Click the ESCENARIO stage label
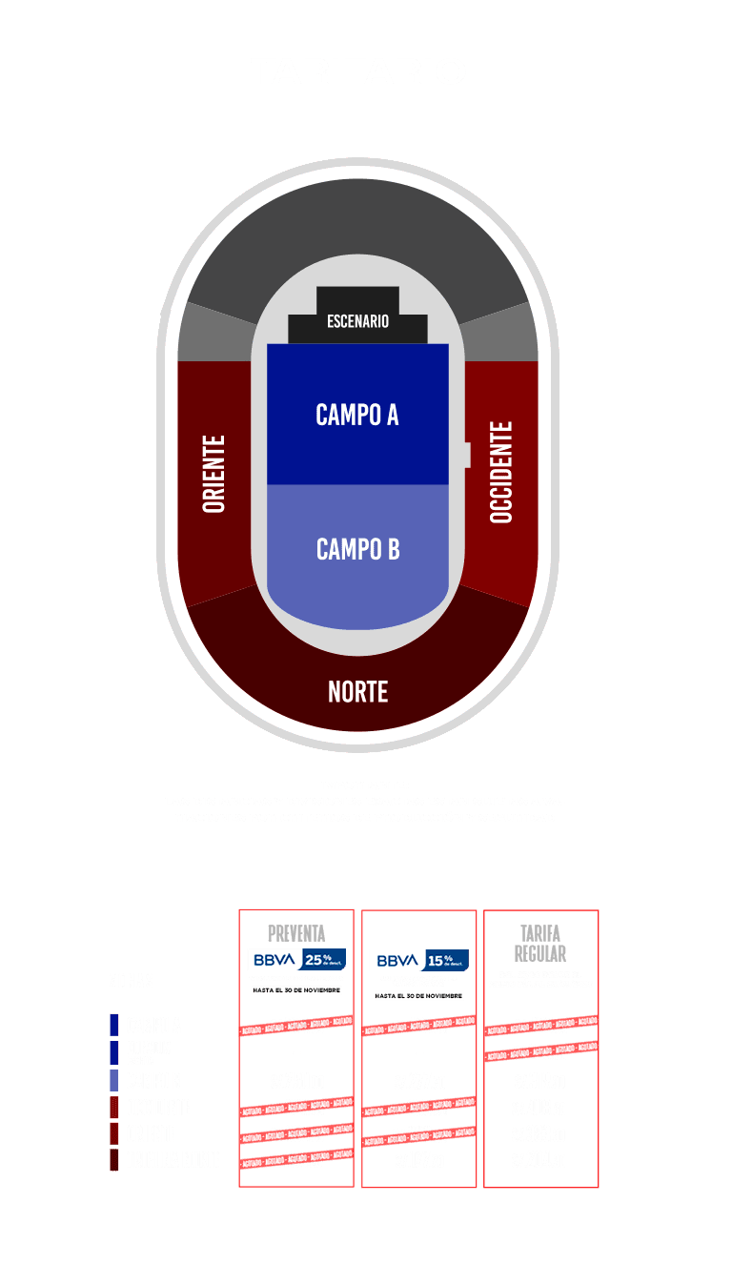click(357, 321)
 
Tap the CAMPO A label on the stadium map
click(357, 415)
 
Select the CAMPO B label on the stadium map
click(357, 549)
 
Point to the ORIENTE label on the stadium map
click(214, 474)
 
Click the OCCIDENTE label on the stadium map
click(501, 472)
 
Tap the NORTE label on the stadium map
click(357, 691)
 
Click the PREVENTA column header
click(296, 933)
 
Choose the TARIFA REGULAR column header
click(540, 943)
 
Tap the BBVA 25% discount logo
click(296, 959)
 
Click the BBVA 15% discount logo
click(419, 960)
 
